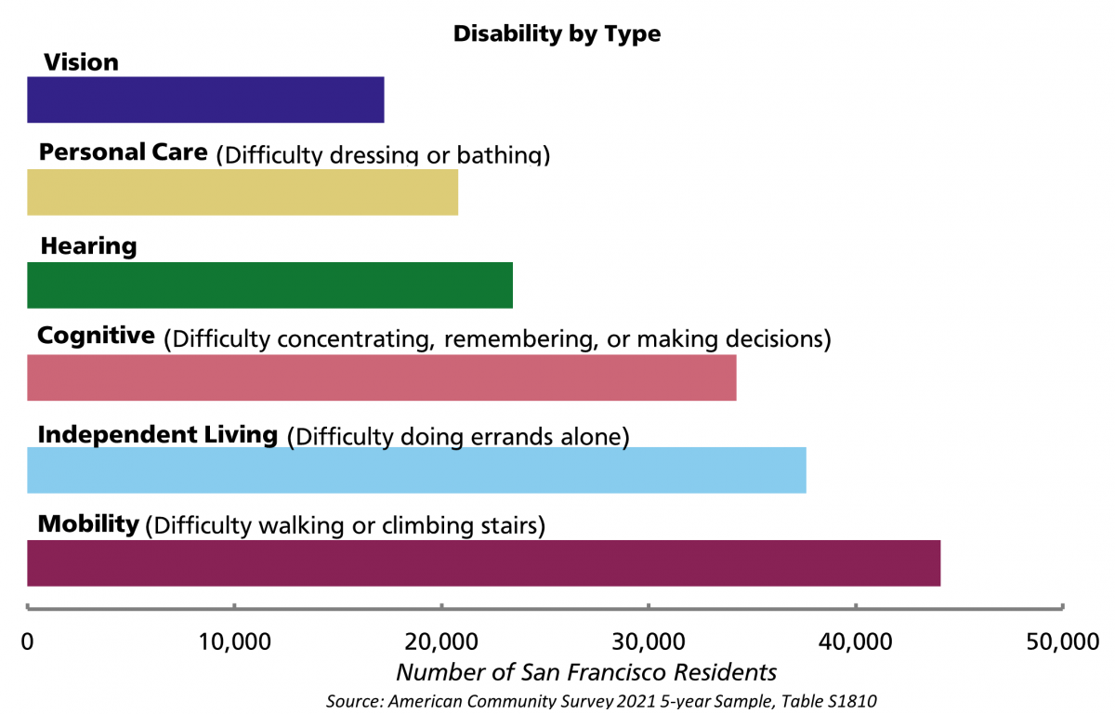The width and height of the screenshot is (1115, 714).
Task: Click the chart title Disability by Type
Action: coord(557,34)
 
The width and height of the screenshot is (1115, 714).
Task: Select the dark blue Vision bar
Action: coord(205,99)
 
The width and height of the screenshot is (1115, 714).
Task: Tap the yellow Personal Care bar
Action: coord(243,192)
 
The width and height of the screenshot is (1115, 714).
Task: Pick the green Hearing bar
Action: coord(269,284)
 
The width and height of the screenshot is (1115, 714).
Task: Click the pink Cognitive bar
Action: coord(381,377)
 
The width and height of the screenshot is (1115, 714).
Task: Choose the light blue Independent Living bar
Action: coord(416,469)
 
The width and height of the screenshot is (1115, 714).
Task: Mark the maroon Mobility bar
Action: coord(483,562)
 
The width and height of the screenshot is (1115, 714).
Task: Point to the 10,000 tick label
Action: coord(235,641)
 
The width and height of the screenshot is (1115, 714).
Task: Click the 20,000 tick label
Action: coord(441,641)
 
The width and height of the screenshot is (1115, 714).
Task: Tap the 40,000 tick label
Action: coord(855,641)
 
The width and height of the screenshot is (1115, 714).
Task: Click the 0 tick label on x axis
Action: coord(28,641)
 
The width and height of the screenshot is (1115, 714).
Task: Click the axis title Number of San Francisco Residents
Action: coord(586,671)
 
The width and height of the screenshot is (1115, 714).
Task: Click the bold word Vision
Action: coord(81,62)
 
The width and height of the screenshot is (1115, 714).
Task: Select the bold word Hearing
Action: coord(88,246)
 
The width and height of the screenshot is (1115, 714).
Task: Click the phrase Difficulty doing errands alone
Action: coord(458,436)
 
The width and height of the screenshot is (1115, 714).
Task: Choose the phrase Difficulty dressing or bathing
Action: coord(383,155)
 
